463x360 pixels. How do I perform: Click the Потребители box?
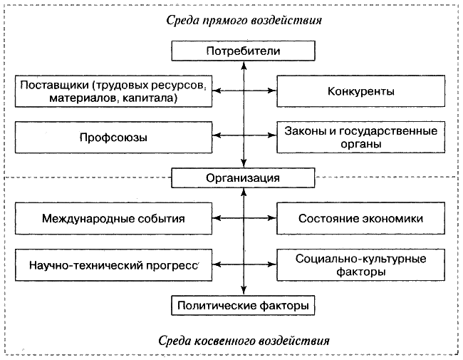(244, 51)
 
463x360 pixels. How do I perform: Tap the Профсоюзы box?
(113, 136)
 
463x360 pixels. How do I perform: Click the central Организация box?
(243, 177)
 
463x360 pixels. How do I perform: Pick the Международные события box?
(113, 218)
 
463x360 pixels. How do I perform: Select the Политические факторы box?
(243, 307)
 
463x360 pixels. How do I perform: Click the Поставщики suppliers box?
(113, 92)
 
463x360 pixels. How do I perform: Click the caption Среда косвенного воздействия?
(243, 339)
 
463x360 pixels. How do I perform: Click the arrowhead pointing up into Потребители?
(244, 65)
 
